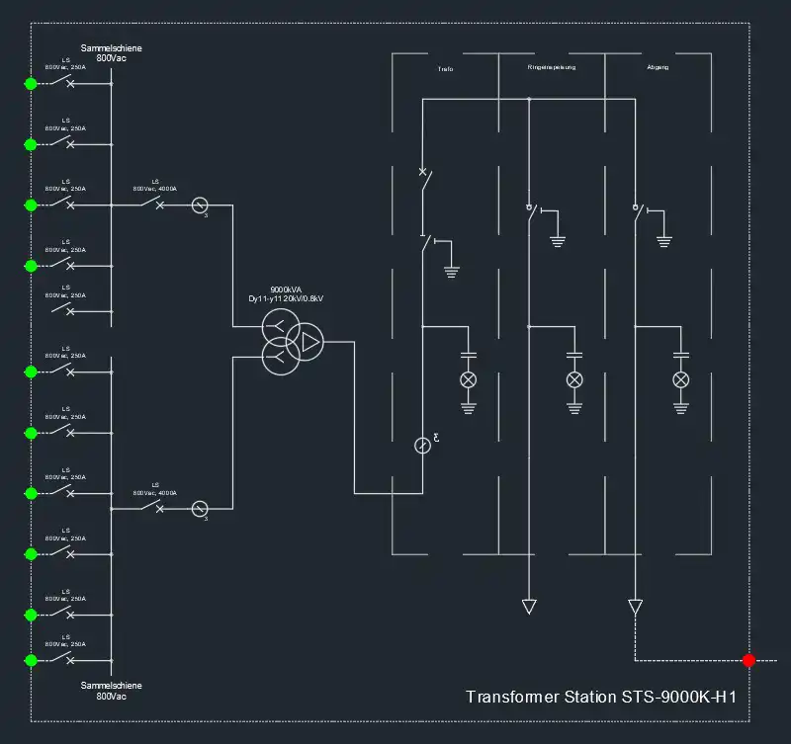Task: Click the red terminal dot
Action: tap(748, 660)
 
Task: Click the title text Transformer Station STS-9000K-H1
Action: tap(601, 697)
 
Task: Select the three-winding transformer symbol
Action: tap(293, 343)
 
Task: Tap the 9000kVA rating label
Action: tap(286, 289)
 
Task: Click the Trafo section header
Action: tap(445, 68)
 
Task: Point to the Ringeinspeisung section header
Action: tap(552, 68)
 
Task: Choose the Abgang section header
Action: tap(658, 68)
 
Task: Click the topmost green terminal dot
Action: tap(31, 84)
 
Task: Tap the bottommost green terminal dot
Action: tap(31, 660)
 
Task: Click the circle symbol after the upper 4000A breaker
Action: tap(199, 206)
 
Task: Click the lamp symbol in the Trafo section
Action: tap(469, 380)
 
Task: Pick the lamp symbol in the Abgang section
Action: tap(680, 380)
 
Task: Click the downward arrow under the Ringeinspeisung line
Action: tap(529, 606)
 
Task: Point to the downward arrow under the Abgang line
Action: tap(635, 606)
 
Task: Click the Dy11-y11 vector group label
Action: tap(286, 299)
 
